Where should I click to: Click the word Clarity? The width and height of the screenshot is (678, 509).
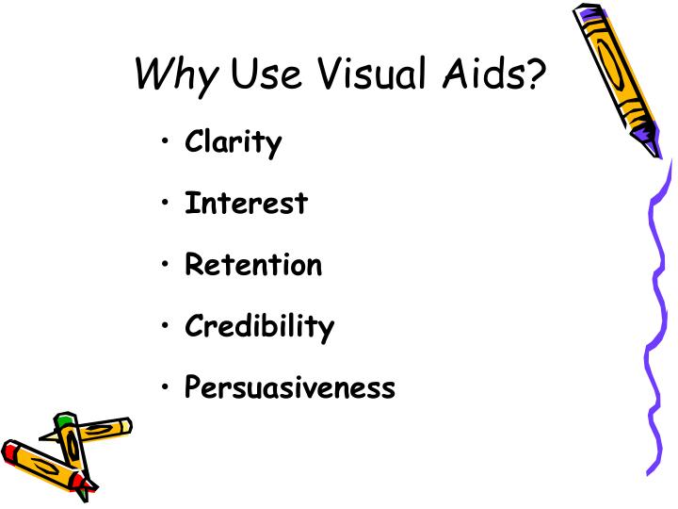point(233,143)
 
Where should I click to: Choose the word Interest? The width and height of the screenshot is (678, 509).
point(246,203)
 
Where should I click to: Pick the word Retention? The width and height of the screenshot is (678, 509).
point(253,265)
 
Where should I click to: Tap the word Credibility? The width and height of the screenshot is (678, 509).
point(259,327)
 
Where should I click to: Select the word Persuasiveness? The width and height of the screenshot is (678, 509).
point(290,387)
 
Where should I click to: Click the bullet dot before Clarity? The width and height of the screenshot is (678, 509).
point(166,143)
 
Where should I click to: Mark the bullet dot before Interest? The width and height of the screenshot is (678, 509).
point(166,204)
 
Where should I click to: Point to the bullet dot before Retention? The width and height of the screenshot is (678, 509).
point(166,266)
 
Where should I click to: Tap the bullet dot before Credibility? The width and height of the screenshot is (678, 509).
point(166,327)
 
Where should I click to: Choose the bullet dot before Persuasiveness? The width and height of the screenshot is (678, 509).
point(166,387)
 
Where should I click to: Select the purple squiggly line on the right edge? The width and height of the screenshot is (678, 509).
point(657,311)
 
